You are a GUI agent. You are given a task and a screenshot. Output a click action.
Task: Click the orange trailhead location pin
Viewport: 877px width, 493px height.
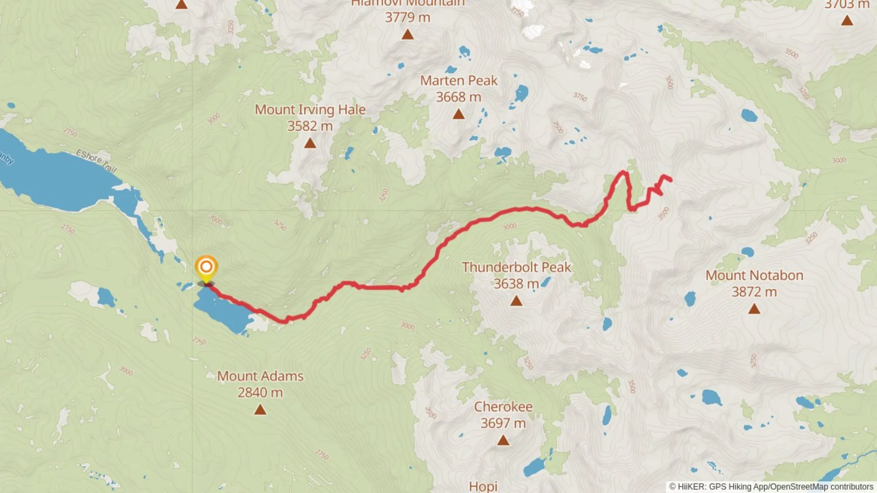coord(206,267)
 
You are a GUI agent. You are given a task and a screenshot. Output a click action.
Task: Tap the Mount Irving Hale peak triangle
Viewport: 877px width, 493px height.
coord(310,144)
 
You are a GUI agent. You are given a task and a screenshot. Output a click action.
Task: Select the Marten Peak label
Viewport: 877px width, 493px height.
coord(459,81)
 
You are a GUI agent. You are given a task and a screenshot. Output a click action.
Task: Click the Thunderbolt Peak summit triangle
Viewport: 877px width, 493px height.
coord(516,301)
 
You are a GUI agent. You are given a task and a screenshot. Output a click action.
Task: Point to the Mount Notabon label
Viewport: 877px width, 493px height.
coord(754,275)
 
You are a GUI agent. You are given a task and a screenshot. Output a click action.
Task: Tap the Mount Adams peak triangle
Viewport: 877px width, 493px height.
coord(260,410)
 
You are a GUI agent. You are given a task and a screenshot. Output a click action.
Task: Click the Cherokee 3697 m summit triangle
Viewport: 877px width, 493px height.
coord(503,441)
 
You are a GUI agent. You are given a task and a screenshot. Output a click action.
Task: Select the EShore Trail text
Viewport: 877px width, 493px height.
coord(96,161)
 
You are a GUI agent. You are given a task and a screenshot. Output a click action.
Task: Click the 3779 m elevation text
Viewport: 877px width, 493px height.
coord(407,17)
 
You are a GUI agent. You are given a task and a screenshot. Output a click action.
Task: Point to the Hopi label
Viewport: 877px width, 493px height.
coord(483,486)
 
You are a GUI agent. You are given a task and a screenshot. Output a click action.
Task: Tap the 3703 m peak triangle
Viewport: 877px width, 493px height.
coord(847,21)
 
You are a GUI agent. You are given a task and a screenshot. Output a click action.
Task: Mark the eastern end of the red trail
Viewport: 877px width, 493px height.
coord(670,180)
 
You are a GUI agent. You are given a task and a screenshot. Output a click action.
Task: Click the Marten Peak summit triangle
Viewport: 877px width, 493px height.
coord(459,115)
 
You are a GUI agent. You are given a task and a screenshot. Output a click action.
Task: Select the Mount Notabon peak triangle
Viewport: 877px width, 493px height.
coord(754,309)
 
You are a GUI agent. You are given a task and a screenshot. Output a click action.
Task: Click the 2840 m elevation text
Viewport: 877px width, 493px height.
coord(260,393)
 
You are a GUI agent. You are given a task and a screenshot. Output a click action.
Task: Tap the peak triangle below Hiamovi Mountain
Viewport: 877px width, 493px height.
coord(407,35)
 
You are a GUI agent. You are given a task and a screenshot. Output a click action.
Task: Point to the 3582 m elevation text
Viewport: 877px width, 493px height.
coord(310,126)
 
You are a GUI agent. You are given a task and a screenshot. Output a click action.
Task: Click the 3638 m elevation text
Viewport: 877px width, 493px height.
coord(516,284)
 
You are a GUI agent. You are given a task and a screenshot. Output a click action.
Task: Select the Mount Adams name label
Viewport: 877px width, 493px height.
coord(260,376)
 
